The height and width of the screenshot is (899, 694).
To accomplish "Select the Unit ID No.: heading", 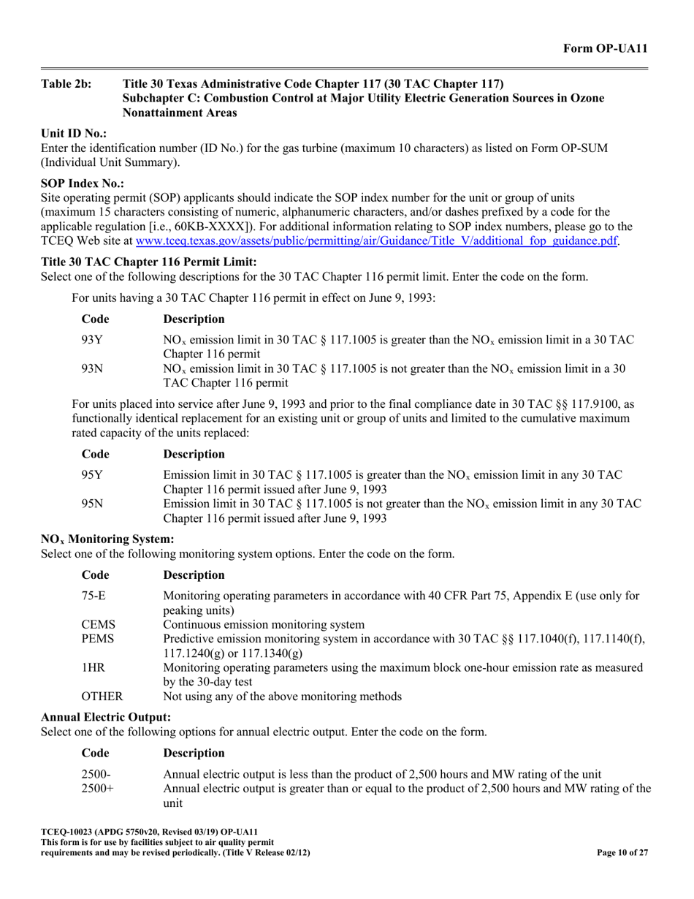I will click(74, 135).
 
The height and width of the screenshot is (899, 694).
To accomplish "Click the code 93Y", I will click(91, 341).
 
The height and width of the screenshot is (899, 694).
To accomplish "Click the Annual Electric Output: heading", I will click(106, 717).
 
